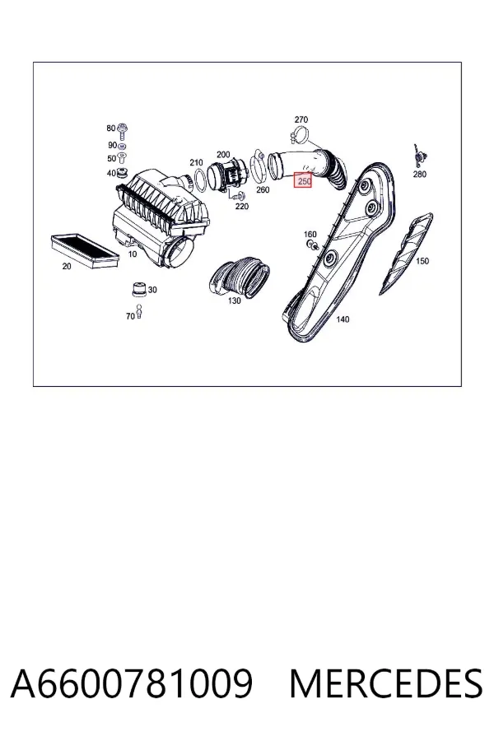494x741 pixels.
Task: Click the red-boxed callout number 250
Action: [x=302, y=180]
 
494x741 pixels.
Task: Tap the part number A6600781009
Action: [x=132, y=683]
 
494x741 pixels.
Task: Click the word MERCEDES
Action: [x=386, y=683]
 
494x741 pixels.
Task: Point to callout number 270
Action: [x=301, y=119]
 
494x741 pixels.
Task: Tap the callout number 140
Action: [x=343, y=319]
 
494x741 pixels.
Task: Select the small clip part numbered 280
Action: [x=419, y=155]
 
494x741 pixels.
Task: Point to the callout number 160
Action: [x=310, y=235]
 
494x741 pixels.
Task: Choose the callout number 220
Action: [x=241, y=207]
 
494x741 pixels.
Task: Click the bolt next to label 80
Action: [x=123, y=130]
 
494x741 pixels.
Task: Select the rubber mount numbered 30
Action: [x=138, y=289]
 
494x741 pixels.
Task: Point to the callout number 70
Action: [x=130, y=317]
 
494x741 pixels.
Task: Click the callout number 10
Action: [x=133, y=254]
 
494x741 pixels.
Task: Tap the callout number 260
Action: [x=263, y=190]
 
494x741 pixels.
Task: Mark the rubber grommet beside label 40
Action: [x=122, y=174]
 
